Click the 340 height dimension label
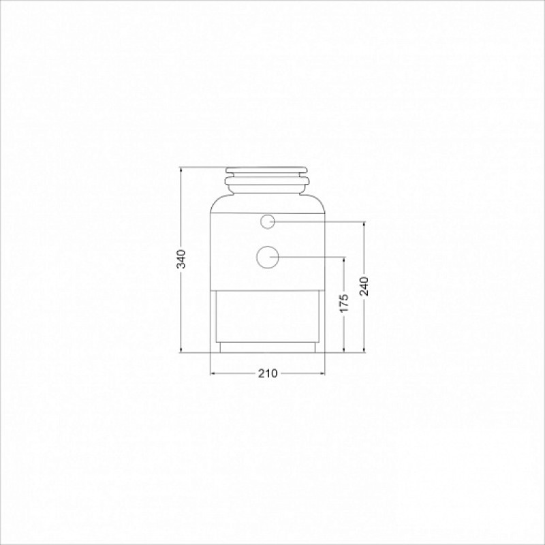(181, 259)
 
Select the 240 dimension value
(364, 286)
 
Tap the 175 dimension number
(344, 302)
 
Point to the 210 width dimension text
(268, 373)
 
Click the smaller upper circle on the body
(268, 221)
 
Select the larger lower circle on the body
(268, 258)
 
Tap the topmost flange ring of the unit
(266, 170)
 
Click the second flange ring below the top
(266, 181)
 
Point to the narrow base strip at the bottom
(268, 347)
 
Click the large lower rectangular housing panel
(268, 316)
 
